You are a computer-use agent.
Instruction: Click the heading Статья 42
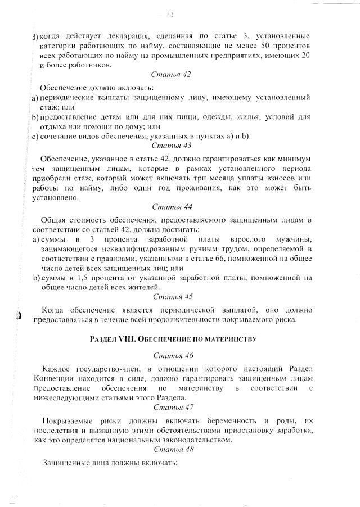[172, 74]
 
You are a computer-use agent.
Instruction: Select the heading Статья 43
[172, 145]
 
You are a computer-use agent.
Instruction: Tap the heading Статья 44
[172, 207]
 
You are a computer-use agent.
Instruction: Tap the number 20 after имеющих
[306, 56]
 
